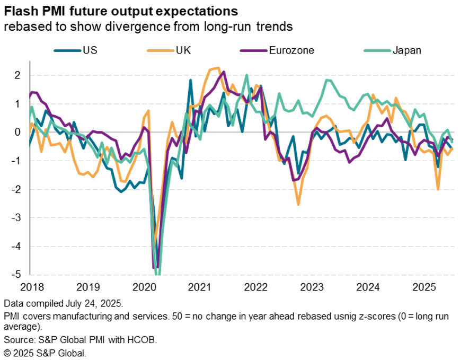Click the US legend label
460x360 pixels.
[x=90, y=50]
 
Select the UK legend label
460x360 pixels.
[x=183, y=50]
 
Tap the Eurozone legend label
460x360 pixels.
[x=291, y=50]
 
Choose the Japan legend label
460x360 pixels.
[x=407, y=50]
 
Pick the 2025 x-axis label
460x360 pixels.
[x=425, y=288]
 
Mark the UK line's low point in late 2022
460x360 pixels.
[x=298, y=204]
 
